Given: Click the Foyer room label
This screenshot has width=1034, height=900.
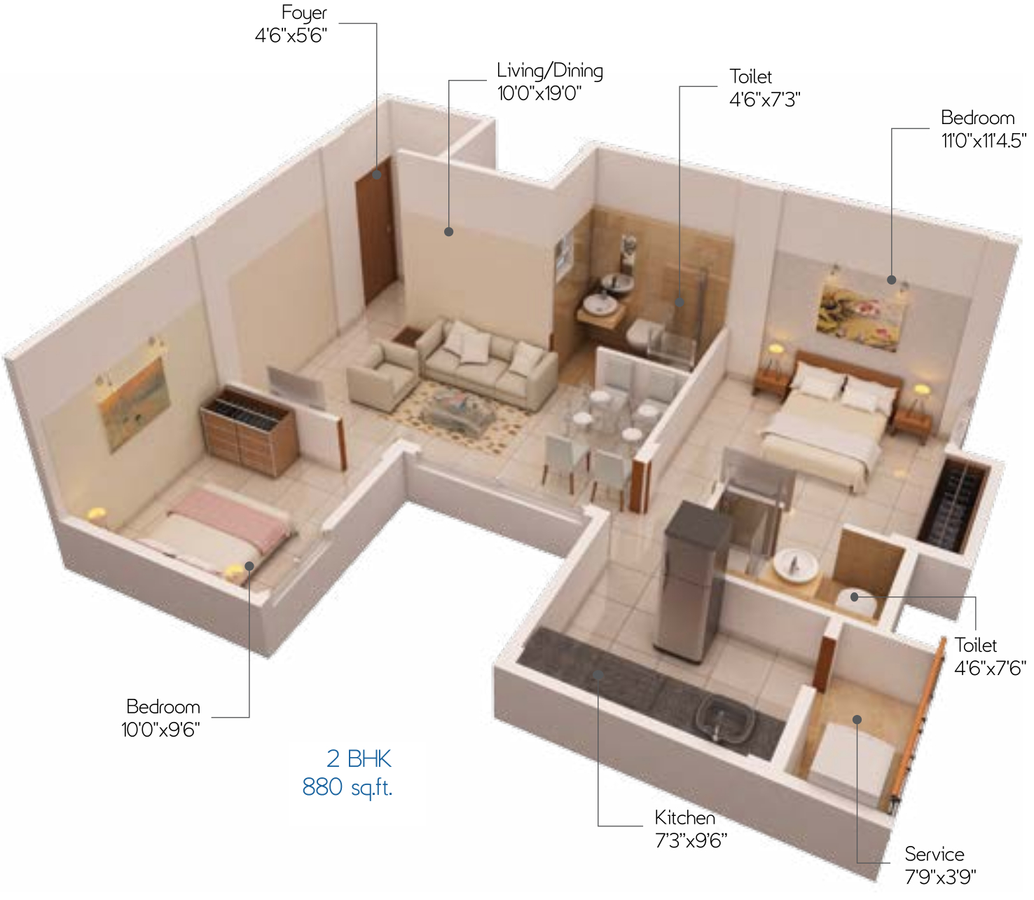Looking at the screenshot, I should click(x=304, y=13).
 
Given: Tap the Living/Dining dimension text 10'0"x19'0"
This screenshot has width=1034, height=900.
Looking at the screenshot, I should click(x=539, y=93).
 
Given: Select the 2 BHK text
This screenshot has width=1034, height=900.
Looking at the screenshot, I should click(x=359, y=759).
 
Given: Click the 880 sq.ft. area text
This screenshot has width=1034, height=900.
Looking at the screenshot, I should click(x=347, y=787).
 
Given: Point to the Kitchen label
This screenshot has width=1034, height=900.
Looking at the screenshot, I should click(x=684, y=817).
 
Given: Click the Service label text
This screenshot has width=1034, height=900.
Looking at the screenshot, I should click(x=934, y=854).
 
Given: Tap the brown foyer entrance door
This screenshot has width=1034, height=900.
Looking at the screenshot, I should click(x=375, y=231).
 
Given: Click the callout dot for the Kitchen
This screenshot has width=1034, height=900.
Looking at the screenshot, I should click(x=598, y=674).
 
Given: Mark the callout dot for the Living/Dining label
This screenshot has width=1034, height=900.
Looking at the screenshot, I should click(x=448, y=231).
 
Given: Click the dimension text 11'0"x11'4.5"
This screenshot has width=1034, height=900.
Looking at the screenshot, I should click(x=984, y=140).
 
